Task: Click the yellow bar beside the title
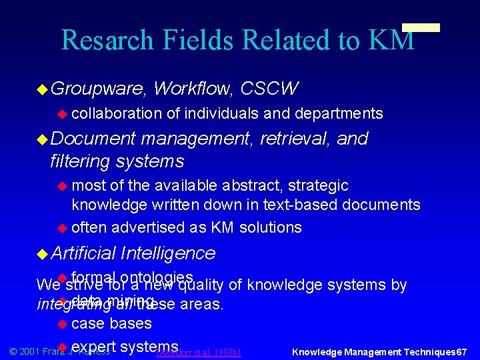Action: coord(421,28)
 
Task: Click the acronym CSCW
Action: coord(269,88)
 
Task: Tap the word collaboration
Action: coord(117,114)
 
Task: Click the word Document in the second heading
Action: coord(93,139)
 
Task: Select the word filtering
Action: coord(80,161)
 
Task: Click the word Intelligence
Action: coord(168,253)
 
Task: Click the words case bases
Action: coord(111,324)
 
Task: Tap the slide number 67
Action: coord(461,351)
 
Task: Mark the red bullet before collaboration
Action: coord(63,114)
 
